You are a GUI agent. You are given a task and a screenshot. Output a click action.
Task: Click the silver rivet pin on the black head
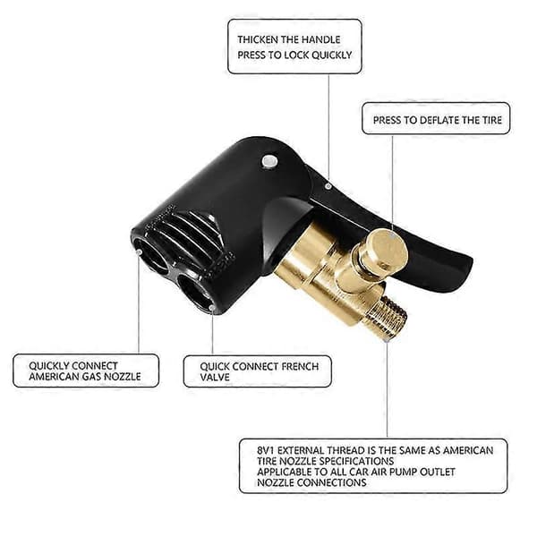pos(269,160)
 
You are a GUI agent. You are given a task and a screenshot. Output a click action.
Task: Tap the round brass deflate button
pos(387,250)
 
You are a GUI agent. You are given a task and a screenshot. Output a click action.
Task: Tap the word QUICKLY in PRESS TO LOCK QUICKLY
pos(332,55)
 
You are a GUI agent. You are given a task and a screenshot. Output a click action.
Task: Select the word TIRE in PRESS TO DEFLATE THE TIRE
pos(492,120)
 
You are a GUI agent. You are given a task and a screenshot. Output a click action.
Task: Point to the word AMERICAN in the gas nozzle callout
pos(54,377)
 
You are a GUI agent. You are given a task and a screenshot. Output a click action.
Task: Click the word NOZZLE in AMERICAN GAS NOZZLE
pos(123,377)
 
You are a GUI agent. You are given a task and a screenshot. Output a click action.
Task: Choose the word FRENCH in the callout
pos(300,367)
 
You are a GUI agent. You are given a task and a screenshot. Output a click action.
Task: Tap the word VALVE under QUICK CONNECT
pos(215,378)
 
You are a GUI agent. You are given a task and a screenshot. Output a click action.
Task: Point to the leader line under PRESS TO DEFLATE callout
pos(393,182)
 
